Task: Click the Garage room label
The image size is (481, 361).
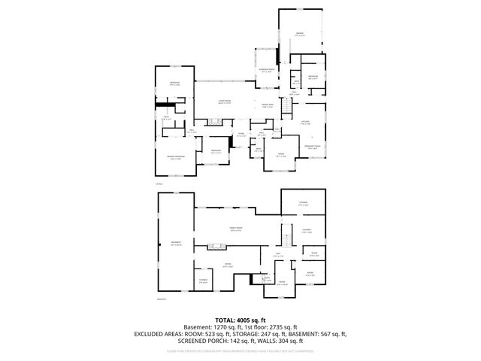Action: point(299,33)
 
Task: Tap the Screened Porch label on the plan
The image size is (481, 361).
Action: point(267,70)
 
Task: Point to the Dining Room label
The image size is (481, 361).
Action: point(268,105)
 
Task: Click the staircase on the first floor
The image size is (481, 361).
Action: point(286,109)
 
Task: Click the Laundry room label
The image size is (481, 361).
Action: point(307,232)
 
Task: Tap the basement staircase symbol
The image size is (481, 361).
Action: point(286,241)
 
